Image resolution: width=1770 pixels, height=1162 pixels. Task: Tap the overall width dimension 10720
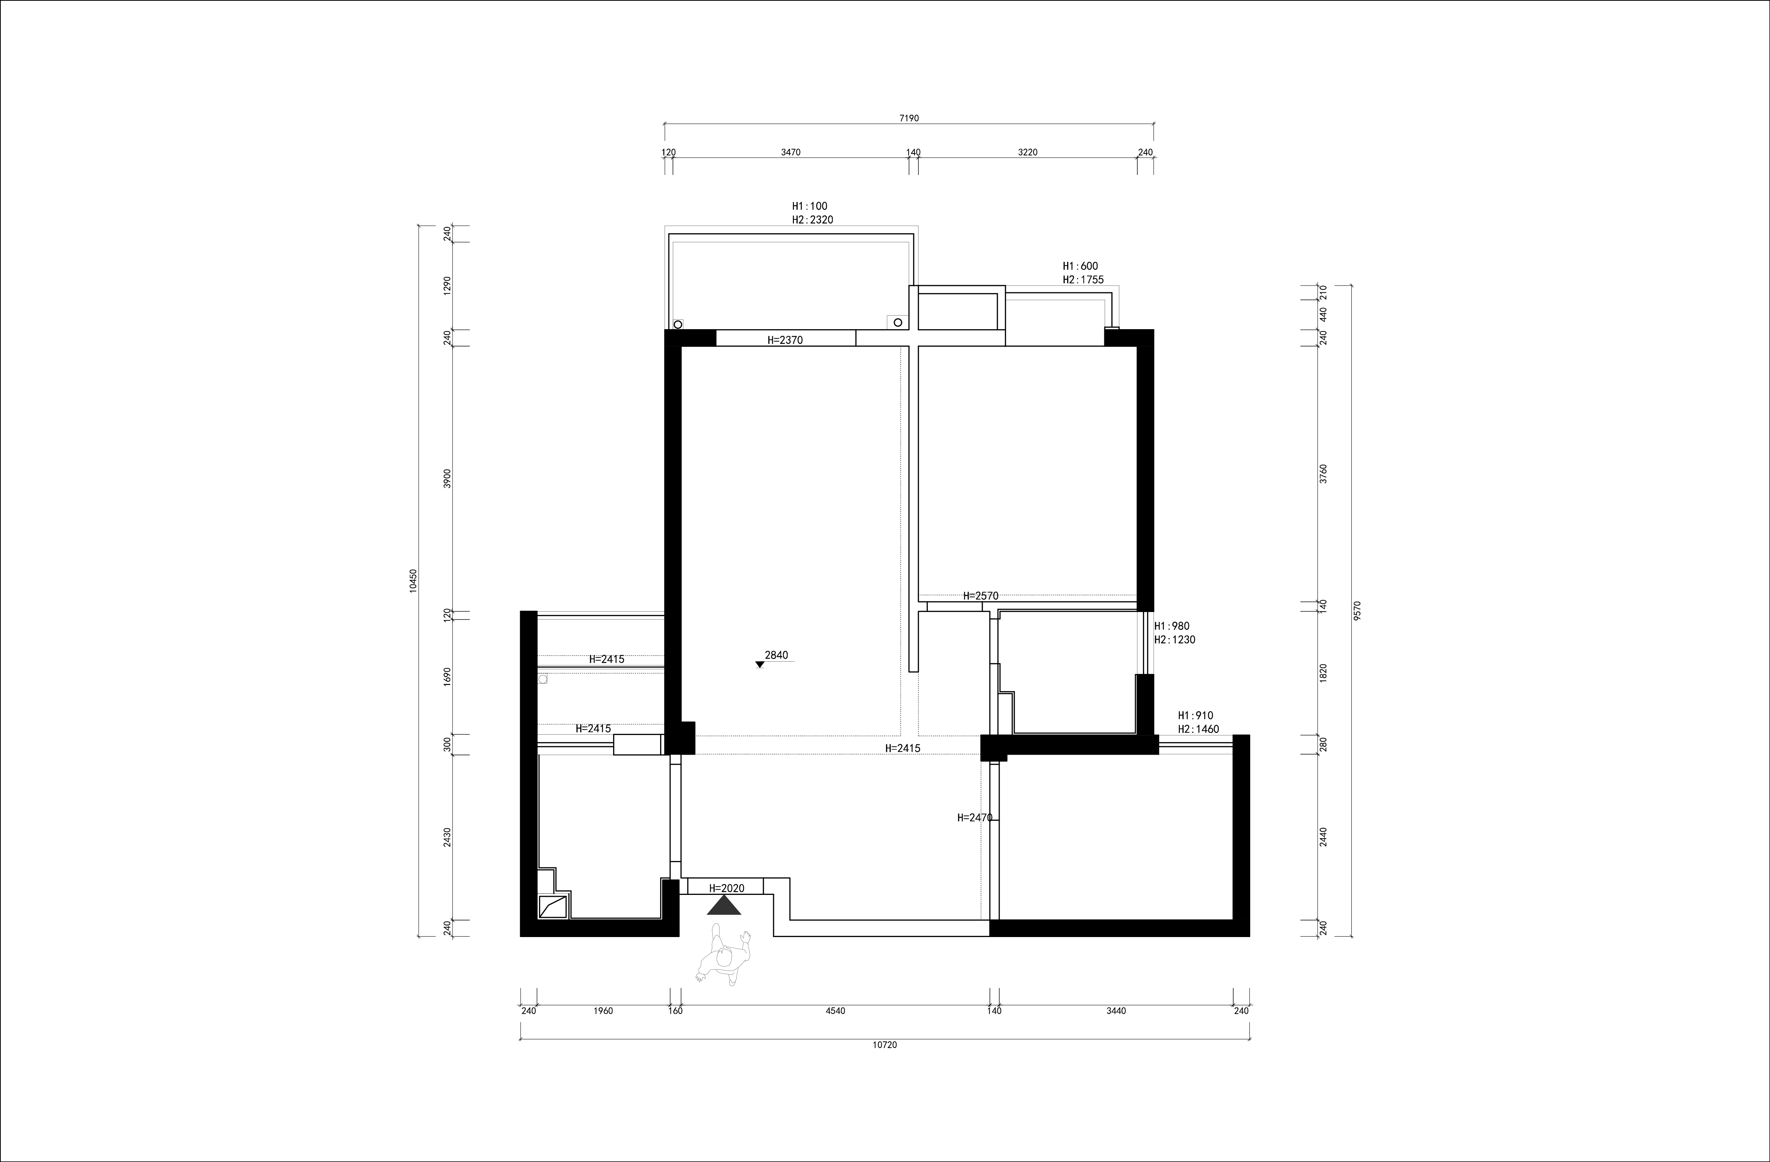point(885,1045)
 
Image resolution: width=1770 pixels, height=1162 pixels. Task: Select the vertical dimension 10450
point(413,580)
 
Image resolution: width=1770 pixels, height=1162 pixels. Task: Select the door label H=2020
point(727,888)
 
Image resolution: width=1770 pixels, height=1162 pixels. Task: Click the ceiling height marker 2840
point(776,655)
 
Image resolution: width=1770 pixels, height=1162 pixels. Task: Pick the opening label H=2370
point(785,340)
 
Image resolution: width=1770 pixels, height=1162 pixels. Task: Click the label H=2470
point(975,817)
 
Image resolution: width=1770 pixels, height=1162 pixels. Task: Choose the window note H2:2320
point(813,219)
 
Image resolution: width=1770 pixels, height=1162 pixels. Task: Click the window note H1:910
point(1196,715)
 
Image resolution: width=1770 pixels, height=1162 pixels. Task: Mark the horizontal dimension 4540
point(835,1011)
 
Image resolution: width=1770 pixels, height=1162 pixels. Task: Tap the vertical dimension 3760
point(1323,474)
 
